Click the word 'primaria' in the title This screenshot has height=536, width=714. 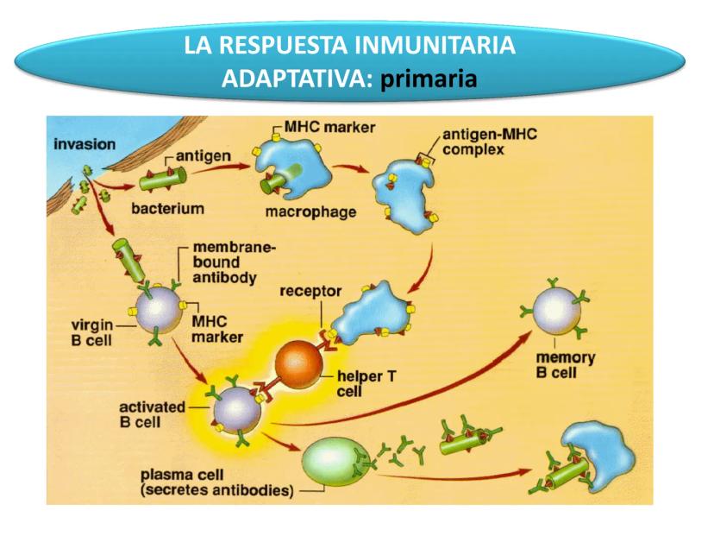point(429,80)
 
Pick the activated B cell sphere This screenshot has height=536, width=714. point(235,409)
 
